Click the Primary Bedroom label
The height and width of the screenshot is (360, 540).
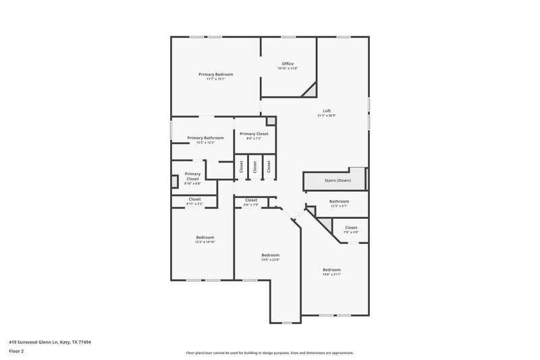[215, 74]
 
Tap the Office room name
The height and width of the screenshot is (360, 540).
[288, 63]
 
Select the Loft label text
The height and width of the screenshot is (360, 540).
[327, 111]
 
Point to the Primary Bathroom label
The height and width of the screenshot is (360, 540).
[205, 138]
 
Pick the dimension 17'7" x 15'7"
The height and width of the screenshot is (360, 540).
[215, 79]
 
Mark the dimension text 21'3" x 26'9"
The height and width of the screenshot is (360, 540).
[327, 115]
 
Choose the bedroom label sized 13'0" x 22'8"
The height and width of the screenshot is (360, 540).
[270, 259]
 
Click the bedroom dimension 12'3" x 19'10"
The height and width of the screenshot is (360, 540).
[205, 242]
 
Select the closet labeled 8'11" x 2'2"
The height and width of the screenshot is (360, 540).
[194, 203]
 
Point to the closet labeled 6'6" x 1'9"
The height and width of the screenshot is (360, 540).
[251, 205]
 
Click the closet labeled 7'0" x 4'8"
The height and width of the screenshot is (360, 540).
[351, 232]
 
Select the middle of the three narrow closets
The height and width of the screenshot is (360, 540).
[255, 168]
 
